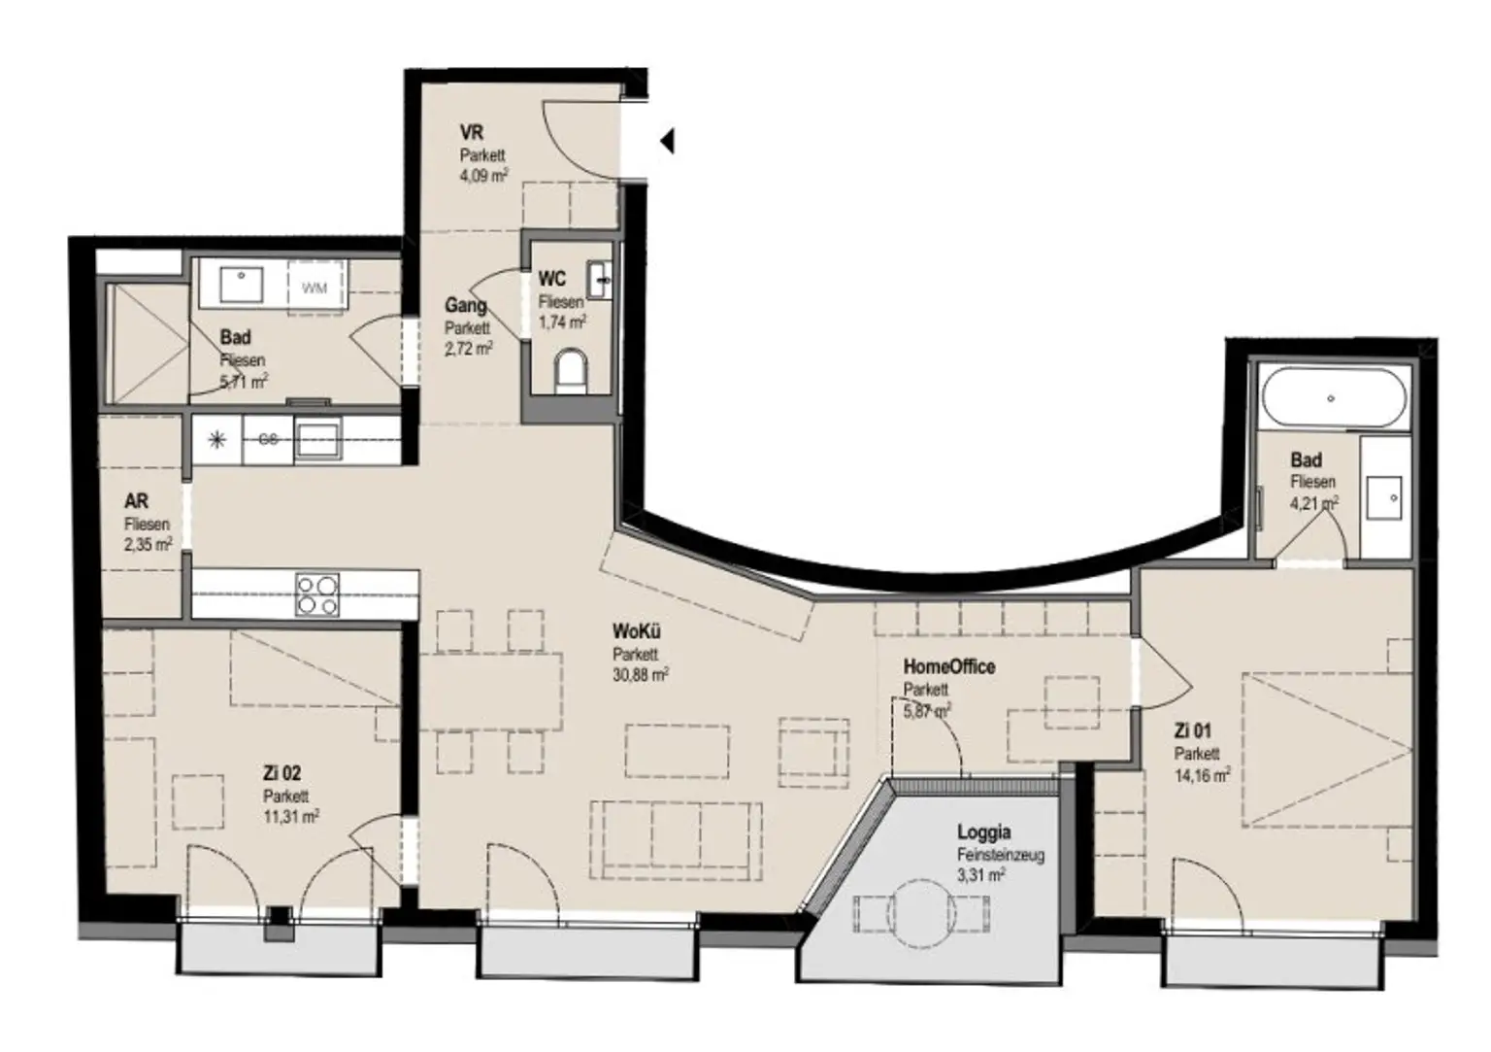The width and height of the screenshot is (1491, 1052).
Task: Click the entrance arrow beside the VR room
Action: (667, 142)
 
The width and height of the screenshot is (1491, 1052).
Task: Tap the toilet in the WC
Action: (571, 371)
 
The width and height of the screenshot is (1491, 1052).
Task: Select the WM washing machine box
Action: (314, 288)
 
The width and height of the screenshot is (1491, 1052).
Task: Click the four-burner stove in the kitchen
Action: (317, 594)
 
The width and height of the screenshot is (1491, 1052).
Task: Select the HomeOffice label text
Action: (948, 666)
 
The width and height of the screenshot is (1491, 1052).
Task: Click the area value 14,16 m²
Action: (1202, 775)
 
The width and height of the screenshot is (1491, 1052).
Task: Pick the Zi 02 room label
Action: (282, 773)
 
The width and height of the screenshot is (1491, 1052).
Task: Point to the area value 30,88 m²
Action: (640, 674)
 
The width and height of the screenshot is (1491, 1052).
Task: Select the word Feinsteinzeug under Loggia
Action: (1000, 855)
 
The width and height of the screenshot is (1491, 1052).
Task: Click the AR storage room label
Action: (136, 501)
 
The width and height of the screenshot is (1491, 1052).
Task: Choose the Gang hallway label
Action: (465, 305)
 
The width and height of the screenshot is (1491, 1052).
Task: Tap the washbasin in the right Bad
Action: (1383, 498)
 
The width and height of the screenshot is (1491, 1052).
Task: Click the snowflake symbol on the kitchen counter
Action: (217, 440)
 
